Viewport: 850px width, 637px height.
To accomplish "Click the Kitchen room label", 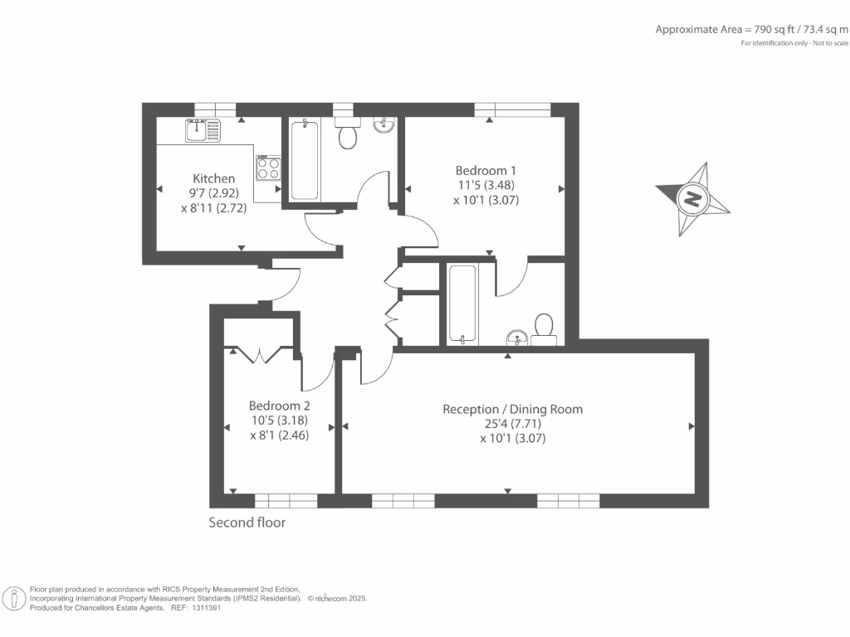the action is [x=214, y=178].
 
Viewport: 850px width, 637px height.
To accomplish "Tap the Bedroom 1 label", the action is [x=486, y=171].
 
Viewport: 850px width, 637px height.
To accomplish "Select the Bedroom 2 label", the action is [x=279, y=406].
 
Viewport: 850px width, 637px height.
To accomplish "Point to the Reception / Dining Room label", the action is [x=513, y=410].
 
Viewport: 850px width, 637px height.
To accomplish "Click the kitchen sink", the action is [x=203, y=130].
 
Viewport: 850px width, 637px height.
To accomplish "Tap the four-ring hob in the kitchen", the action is [x=269, y=168].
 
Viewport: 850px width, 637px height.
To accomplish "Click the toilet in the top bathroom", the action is [x=348, y=133].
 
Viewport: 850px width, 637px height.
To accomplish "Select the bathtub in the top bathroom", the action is [x=305, y=160].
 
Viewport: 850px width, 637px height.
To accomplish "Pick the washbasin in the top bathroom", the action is [x=383, y=125].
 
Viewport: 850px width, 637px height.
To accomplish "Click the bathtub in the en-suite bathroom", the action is [x=462, y=304].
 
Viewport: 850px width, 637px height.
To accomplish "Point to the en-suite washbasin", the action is [x=517, y=338].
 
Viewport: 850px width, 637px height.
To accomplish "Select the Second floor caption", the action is [x=247, y=523].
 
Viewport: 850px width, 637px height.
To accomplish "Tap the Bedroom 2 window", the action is [x=286, y=501].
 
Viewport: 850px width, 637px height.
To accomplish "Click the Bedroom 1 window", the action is [x=513, y=110].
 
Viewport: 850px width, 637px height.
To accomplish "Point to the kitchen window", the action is [x=215, y=110].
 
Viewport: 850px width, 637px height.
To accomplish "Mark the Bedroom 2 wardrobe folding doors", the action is [x=260, y=355].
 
